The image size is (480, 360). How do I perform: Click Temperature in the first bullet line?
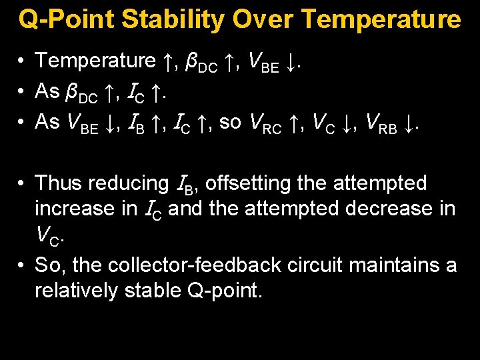tap(95, 61)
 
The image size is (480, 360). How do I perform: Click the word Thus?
tap(61, 183)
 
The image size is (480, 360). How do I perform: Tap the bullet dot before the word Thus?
tap(23, 183)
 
